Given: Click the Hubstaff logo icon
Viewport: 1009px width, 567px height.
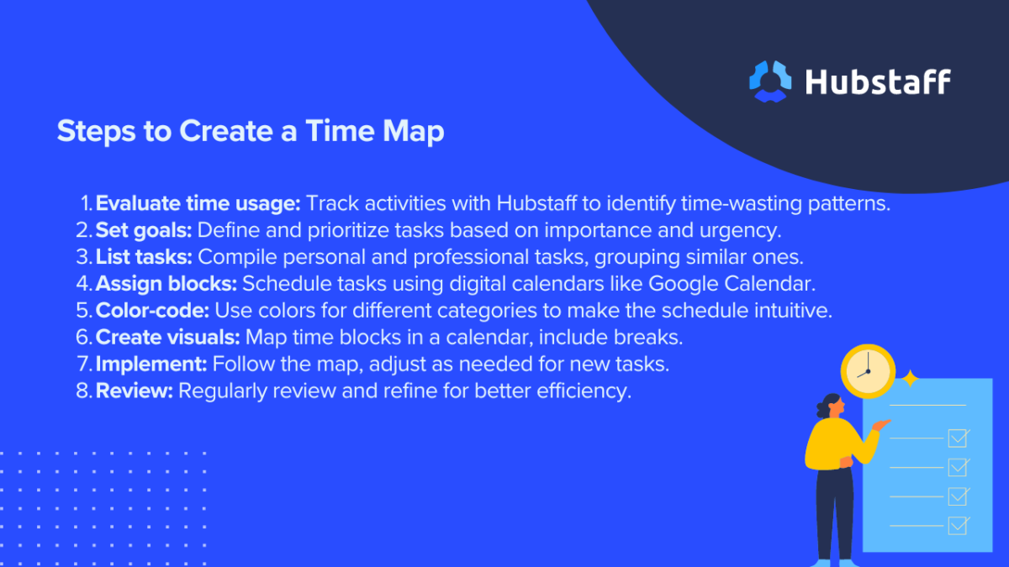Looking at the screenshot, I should click(770, 81).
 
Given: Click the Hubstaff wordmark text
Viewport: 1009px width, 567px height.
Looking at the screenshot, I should click(878, 81).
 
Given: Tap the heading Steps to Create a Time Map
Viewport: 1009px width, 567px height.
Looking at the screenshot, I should click(250, 132).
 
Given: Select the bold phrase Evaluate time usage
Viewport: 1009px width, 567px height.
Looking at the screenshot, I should click(198, 203).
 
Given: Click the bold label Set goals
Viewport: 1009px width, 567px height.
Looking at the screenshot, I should click(143, 230).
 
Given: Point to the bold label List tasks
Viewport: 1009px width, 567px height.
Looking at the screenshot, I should click(144, 256).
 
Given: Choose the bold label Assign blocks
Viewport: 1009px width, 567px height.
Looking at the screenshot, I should click(166, 283).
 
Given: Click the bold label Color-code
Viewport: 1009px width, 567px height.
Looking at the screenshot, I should click(152, 310).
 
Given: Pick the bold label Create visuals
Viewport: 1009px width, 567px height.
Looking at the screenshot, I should click(167, 337).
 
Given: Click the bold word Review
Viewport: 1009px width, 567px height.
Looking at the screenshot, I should click(134, 391).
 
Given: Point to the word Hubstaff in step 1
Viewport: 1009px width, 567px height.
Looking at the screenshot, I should click(537, 203).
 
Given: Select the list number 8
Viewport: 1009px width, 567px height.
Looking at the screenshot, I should click(82, 391).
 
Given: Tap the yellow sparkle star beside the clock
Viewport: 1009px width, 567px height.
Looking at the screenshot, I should click(909, 378).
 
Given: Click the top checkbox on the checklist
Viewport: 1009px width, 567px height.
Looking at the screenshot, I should click(958, 438).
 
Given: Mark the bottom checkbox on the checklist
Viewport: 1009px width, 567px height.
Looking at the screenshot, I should click(958, 525).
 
